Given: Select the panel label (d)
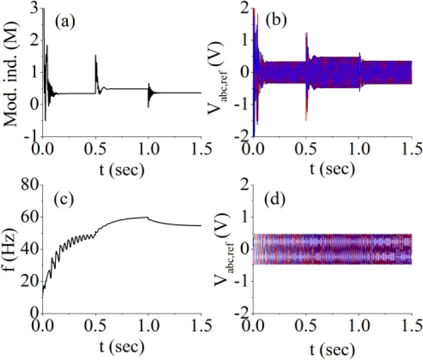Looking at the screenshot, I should click(278, 201).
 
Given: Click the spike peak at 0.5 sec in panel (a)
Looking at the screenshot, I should click(96, 55).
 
